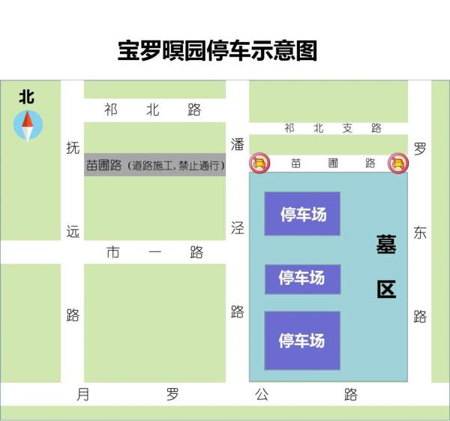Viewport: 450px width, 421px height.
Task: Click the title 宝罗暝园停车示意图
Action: tap(217, 51)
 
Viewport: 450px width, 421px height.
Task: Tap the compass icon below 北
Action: tap(28, 125)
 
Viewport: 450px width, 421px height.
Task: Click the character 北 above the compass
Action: tap(27, 98)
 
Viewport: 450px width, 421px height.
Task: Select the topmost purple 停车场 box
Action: tap(302, 214)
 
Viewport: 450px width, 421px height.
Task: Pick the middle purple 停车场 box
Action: tap(302, 278)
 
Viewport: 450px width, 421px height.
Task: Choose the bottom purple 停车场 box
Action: tap(302, 340)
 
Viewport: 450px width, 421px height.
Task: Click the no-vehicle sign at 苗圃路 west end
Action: tap(259, 163)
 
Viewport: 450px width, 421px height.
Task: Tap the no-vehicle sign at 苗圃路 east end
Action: tap(397, 163)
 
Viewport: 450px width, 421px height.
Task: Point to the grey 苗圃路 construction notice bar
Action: tap(154, 165)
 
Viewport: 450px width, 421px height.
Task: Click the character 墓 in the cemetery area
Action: tap(386, 245)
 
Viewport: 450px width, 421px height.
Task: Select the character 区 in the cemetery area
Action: tap(386, 290)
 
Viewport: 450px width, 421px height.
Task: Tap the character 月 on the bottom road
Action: tap(82, 395)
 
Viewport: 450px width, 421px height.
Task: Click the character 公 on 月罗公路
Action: tap(261, 395)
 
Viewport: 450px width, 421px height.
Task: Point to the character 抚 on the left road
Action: tap(72, 148)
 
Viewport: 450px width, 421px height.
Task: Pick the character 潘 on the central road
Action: tap(237, 143)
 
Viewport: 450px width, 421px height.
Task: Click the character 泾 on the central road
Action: tap(237, 228)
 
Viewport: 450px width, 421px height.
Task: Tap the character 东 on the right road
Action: tap(419, 233)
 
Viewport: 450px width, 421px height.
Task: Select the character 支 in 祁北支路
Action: tap(347, 128)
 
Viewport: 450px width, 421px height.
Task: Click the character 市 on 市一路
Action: tap(112, 253)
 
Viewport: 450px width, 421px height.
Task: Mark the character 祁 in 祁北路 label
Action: tap(111, 110)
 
